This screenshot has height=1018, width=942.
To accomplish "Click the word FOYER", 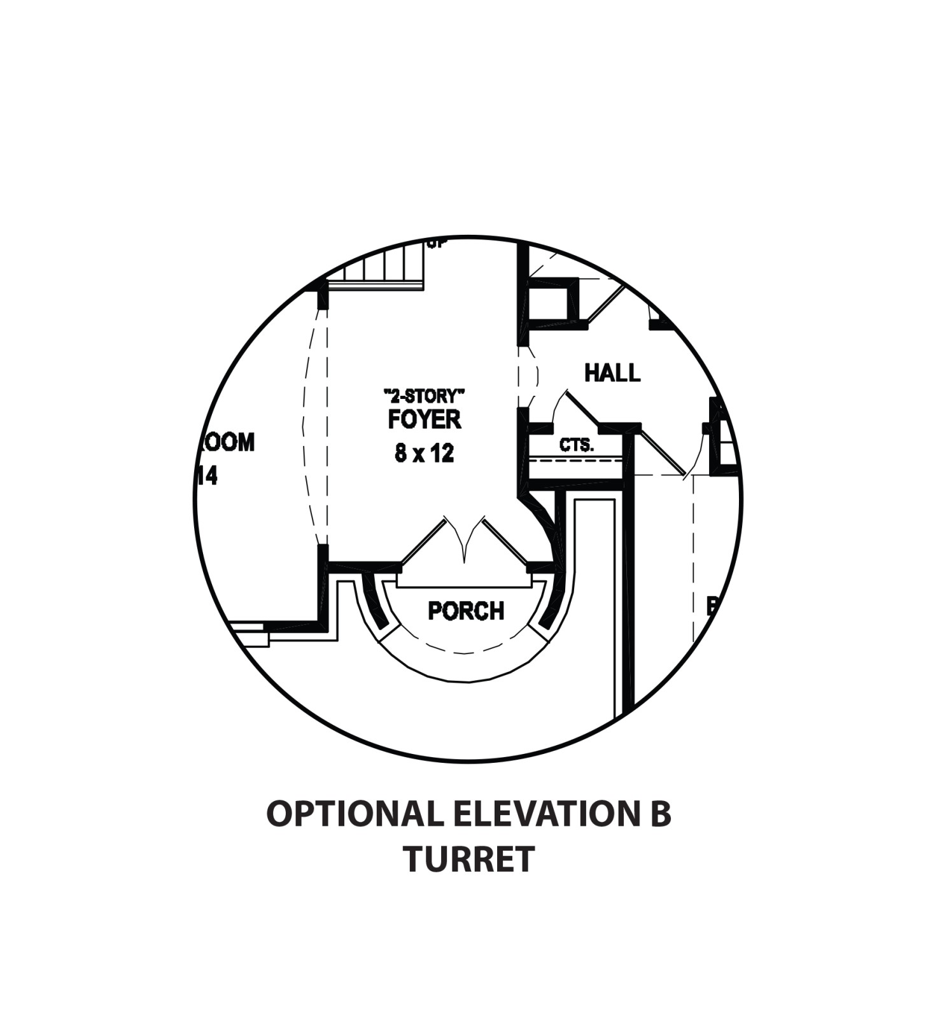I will [x=425, y=420].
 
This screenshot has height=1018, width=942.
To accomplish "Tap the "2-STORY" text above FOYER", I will [x=425, y=396].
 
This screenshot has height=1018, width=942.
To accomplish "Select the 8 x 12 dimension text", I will [x=425, y=453].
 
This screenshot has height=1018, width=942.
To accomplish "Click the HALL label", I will [x=612, y=373].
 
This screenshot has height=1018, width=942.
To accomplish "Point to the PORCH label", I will [x=466, y=611].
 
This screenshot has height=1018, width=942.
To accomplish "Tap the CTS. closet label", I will [x=577, y=445].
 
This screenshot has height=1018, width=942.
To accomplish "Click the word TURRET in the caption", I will [x=468, y=860].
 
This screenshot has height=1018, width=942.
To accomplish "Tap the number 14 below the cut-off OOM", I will [x=207, y=476].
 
